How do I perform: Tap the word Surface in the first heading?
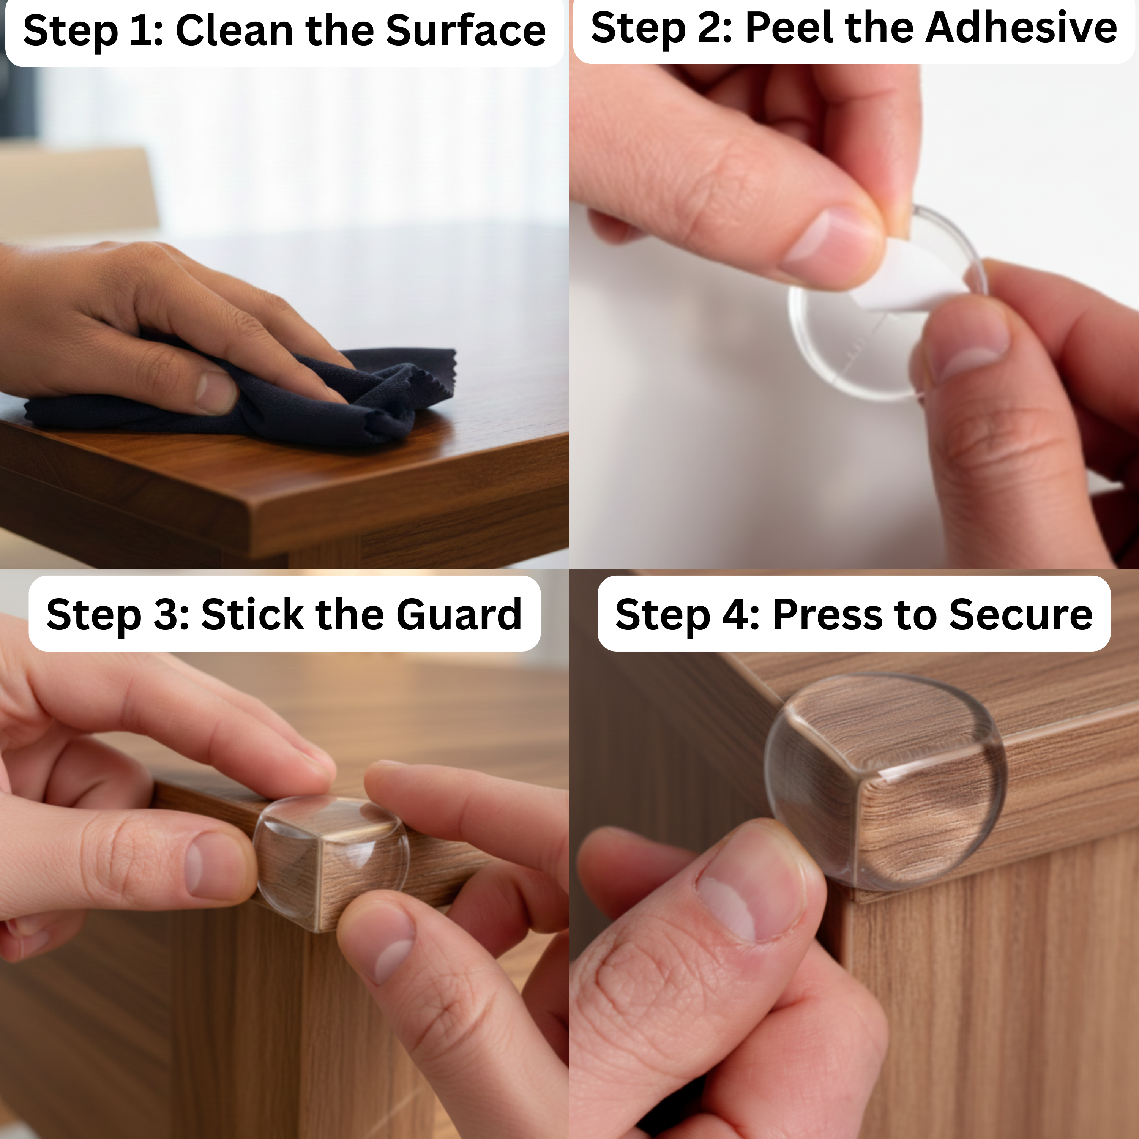coord(466,31)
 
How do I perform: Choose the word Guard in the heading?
coord(459,614)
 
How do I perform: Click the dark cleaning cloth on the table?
coord(248,401)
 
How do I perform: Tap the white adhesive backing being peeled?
coord(908,283)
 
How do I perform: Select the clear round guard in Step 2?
coord(884,306)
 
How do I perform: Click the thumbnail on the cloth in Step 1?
coord(216,392)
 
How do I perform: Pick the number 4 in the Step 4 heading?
coord(739,614)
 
